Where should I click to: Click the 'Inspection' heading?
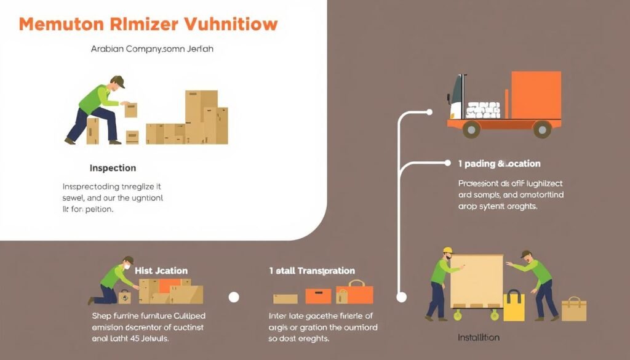click(x=113, y=168)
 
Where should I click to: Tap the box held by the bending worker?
click(x=131, y=110)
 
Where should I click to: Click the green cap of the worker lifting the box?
click(x=118, y=81)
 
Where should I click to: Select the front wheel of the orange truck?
click(x=471, y=129)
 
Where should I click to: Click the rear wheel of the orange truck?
click(x=542, y=129)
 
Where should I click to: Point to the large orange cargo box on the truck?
click(x=536, y=95)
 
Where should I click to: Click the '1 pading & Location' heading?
click(x=500, y=164)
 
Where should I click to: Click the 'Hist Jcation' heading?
click(x=161, y=271)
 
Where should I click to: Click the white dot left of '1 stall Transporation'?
click(x=234, y=297)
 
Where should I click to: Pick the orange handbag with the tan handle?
click(x=356, y=293)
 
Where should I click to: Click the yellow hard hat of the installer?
click(x=447, y=250)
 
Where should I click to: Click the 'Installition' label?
click(x=479, y=338)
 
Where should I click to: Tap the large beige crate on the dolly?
click(x=476, y=281)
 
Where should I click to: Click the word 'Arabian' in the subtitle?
click(x=106, y=49)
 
